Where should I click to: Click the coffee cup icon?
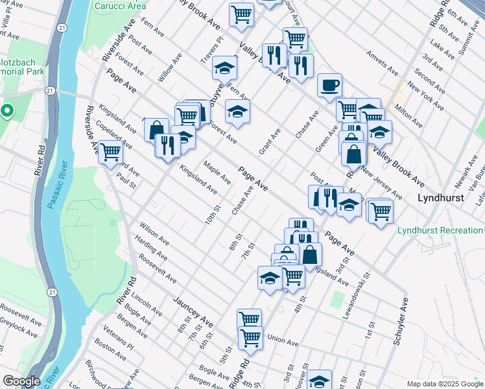point(329,85)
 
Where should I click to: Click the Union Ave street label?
point(282,339)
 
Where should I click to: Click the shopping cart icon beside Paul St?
point(111,152)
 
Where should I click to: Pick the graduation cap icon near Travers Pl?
point(225,68)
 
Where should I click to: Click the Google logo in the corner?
point(21,381)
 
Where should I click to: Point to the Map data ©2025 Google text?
point(446,384)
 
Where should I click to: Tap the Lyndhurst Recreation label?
point(440,230)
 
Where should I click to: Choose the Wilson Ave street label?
point(154,234)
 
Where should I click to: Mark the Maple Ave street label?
point(217,172)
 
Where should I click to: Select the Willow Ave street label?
point(170,68)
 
